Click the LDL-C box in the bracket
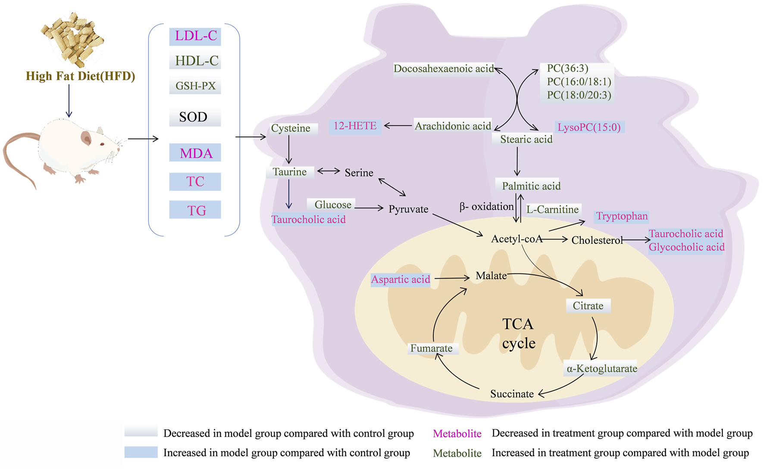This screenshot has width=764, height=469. coord(195,36)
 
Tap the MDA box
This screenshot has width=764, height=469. coord(195,153)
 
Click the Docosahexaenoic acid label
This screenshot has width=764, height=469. coord(443,69)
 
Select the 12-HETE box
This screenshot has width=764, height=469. coord(355,126)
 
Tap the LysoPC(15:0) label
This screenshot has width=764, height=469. coord(589,127)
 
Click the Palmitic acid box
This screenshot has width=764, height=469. coord(530,186)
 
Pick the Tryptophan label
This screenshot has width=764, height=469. coord(621,216)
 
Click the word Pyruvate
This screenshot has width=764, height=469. coord(408,209)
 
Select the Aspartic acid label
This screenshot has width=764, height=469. coord(401,280)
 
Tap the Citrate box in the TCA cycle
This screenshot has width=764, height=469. coord(588,306)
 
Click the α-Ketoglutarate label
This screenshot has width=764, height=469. coord(601,369)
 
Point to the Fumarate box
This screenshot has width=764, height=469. coord(432,348)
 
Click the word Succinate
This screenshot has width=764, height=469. coord(512,394)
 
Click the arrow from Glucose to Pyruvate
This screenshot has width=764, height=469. coord(369,208)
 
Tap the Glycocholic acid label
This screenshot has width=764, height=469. coord(686,248)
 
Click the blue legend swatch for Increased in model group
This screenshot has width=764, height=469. coord(141,452)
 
